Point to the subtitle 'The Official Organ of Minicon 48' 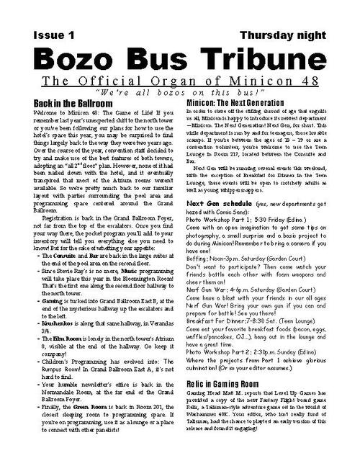pyautogui.click(x=180, y=81)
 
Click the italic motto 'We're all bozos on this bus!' pyautogui.click(x=179, y=94)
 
